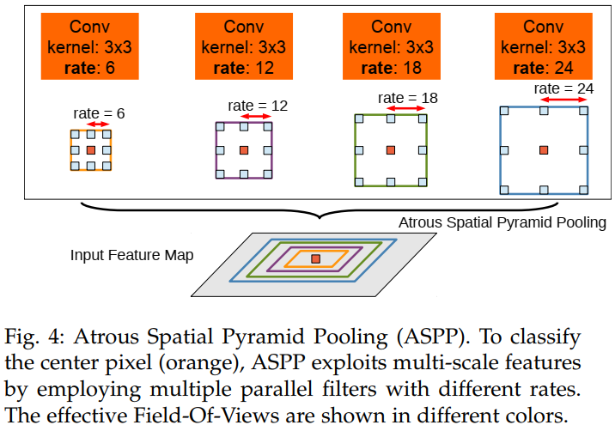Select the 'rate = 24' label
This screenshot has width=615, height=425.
coord(563,88)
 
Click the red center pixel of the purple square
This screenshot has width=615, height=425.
coord(244,150)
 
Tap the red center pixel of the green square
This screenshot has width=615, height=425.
coord(391,150)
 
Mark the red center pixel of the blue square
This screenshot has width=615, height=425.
coord(544,150)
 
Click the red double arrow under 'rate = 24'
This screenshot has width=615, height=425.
coord(563,100)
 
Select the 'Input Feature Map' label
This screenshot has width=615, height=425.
coord(132,255)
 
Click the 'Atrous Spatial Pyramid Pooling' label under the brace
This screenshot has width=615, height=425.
coord(502,222)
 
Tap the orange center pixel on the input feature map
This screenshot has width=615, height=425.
coord(316,258)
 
